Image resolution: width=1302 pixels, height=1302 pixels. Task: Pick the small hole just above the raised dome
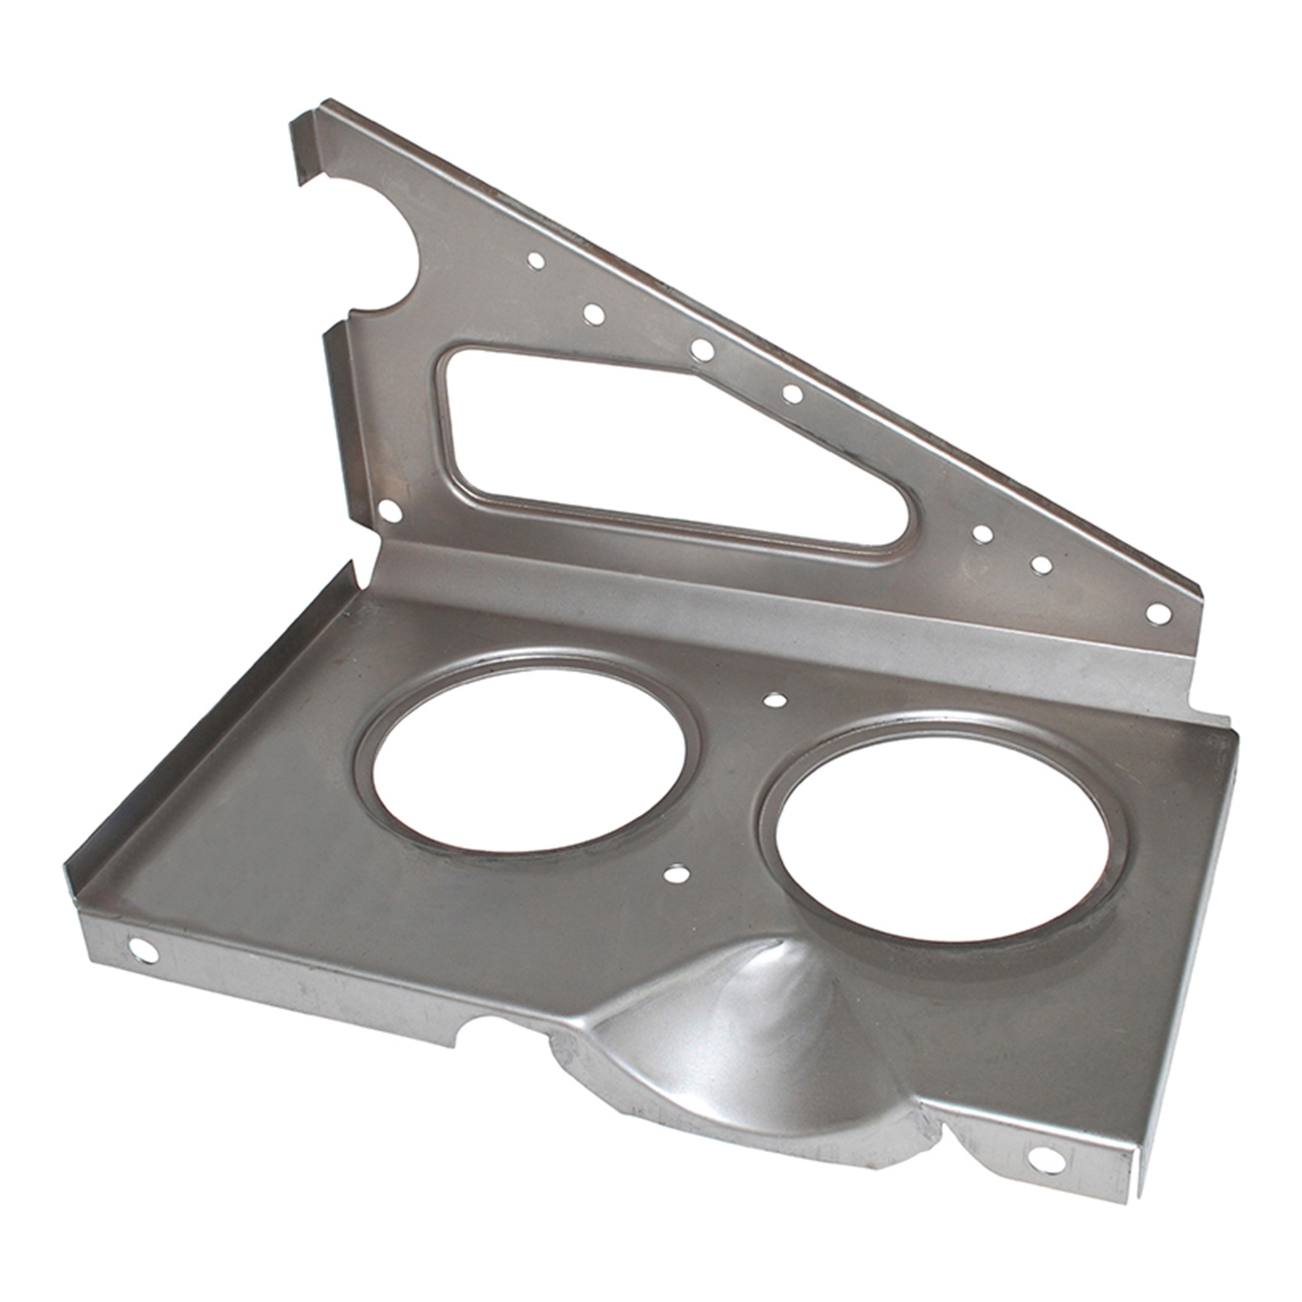pyautogui.click(x=676, y=875)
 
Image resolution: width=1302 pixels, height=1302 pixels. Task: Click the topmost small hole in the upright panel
pyautogui.click(x=536, y=261)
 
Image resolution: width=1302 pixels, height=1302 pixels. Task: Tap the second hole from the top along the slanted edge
pyautogui.click(x=594, y=313)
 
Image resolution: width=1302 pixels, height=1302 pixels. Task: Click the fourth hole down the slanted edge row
pyautogui.click(x=793, y=395)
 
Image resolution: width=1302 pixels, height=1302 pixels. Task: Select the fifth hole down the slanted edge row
pyautogui.click(x=983, y=534)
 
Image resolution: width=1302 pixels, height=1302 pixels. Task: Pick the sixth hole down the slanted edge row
pyautogui.click(x=1042, y=564)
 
